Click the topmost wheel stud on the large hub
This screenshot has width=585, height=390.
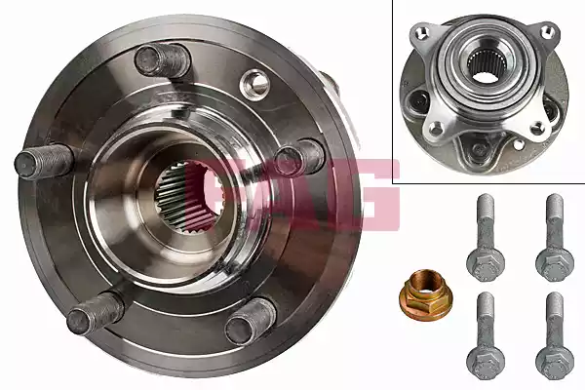pyautogui.click(x=162, y=60)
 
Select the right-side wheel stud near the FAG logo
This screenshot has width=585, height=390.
pyautogui.click(x=299, y=158)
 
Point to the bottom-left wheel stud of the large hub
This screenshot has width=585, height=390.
pyautogui.click(x=95, y=312)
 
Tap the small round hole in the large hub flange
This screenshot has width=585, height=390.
pyautogui.click(x=254, y=84)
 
